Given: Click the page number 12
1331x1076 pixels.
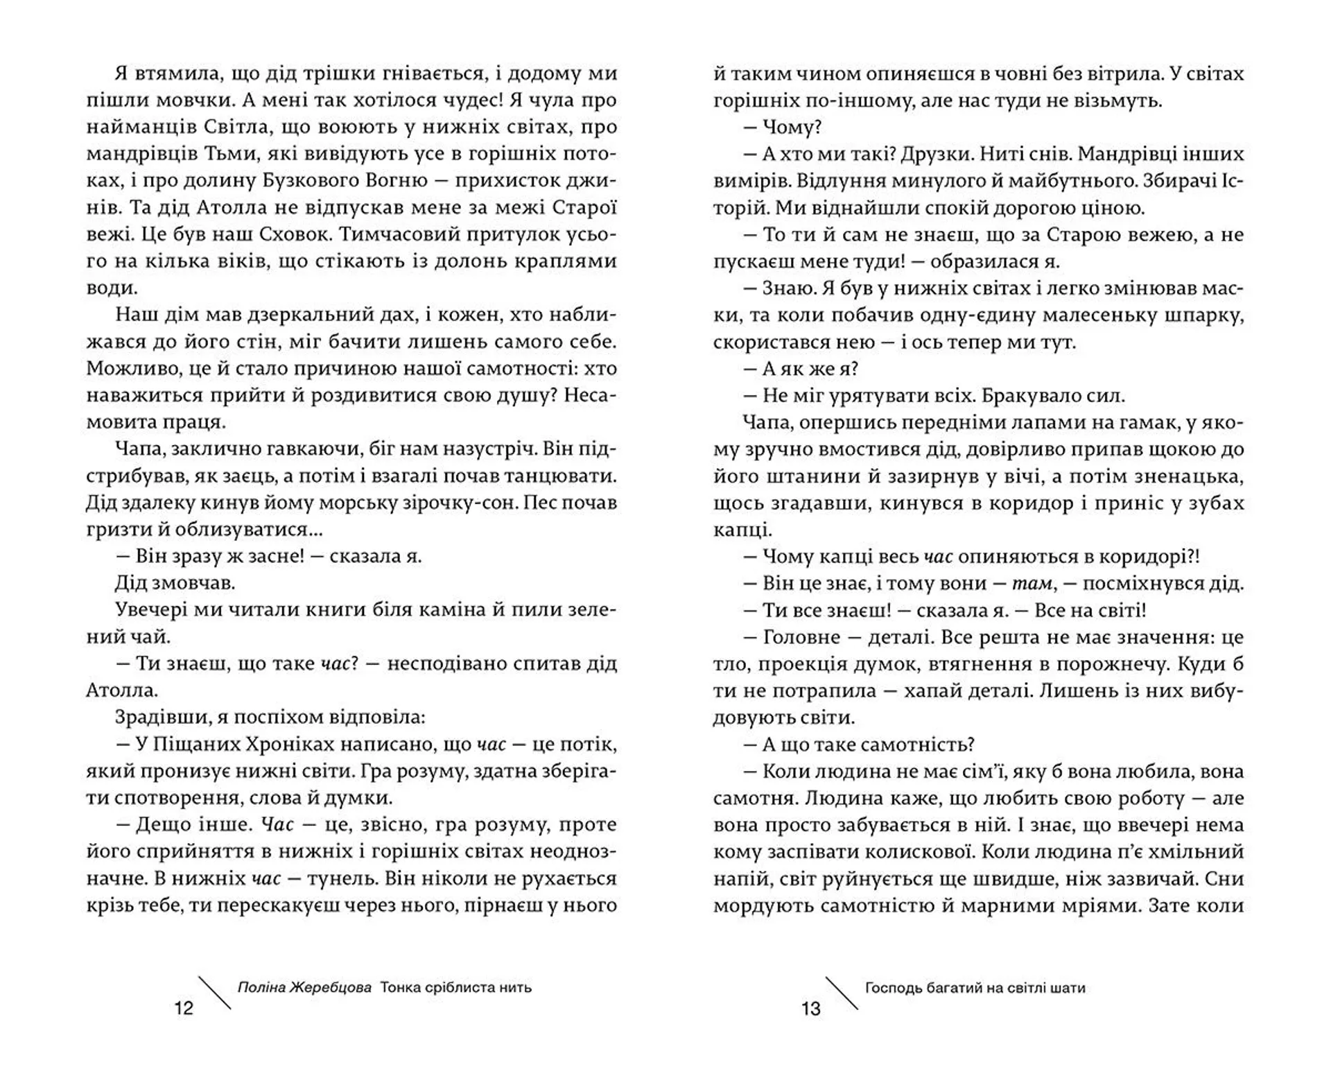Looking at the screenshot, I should click(x=184, y=1008).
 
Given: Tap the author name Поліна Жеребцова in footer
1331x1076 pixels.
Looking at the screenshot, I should click(x=304, y=987).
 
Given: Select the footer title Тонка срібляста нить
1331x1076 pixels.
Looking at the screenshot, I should click(x=456, y=987).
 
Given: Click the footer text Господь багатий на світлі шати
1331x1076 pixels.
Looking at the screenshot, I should click(x=975, y=988).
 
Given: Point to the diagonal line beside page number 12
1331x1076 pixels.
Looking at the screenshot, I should click(x=215, y=993).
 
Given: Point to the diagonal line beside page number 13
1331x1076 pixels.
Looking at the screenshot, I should click(x=842, y=993).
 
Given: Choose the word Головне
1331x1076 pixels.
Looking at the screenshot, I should click(x=803, y=637).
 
